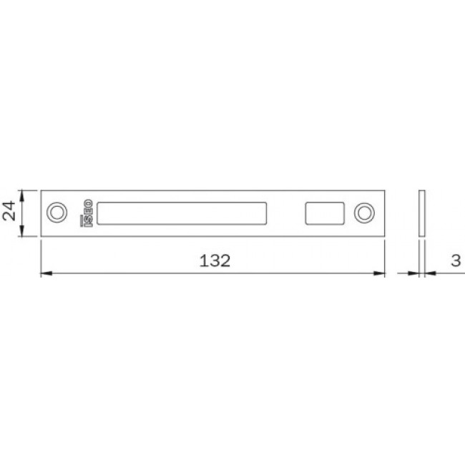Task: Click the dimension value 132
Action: (215, 260)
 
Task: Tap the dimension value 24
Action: (9, 211)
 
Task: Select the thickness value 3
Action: (456, 260)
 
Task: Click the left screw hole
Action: (57, 212)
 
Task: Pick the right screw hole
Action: (364, 213)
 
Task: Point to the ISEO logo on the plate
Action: (87, 213)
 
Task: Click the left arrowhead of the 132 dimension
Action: (46, 273)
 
